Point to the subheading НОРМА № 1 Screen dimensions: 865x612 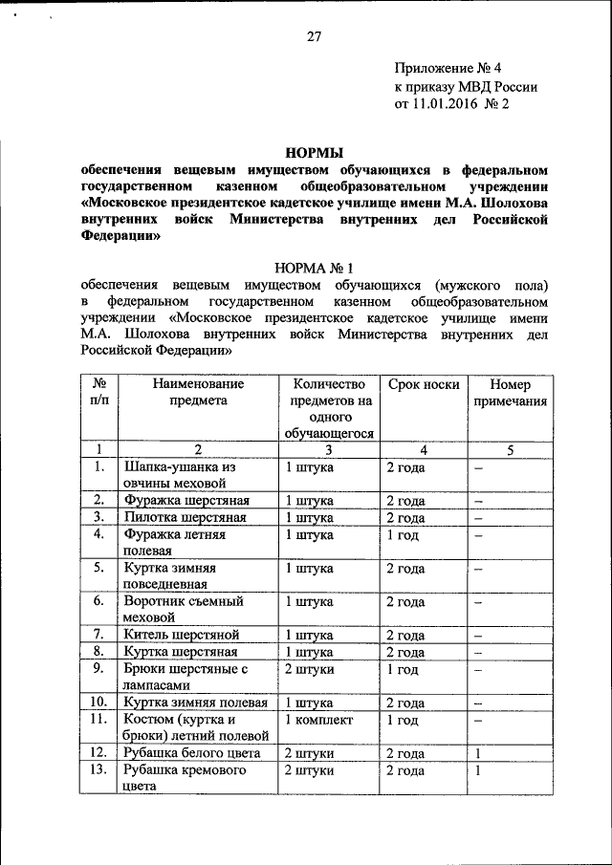(315, 268)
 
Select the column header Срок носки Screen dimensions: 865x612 (423, 383)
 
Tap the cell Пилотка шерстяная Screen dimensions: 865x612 (186, 517)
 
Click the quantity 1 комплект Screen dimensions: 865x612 (319, 720)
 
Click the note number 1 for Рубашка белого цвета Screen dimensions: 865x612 (476, 754)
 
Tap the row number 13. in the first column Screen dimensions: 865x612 (97, 771)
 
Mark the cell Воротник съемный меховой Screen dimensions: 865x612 (184, 609)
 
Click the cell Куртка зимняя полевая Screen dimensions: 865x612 (195, 703)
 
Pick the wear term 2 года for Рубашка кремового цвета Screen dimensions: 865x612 (405, 771)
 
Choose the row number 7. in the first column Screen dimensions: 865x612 (98, 634)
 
